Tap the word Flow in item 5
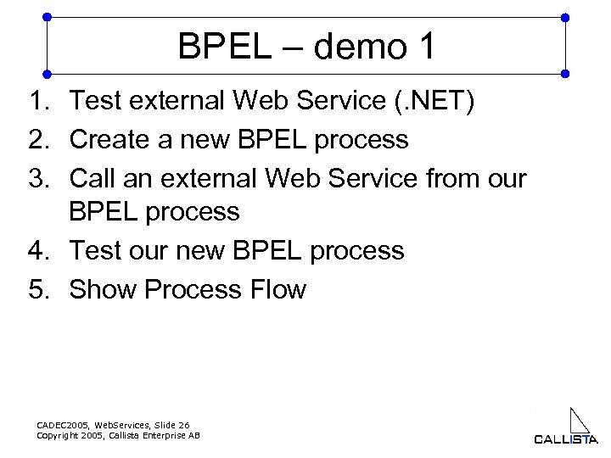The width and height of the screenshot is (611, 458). (x=277, y=289)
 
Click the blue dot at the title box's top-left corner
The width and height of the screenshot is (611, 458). (x=47, y=16)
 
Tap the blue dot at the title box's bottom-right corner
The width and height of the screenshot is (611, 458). (x=566, y=73)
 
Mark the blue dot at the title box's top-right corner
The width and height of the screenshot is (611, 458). (x=566, y=16)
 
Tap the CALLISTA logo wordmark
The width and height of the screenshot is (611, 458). (x=565, y=438)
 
